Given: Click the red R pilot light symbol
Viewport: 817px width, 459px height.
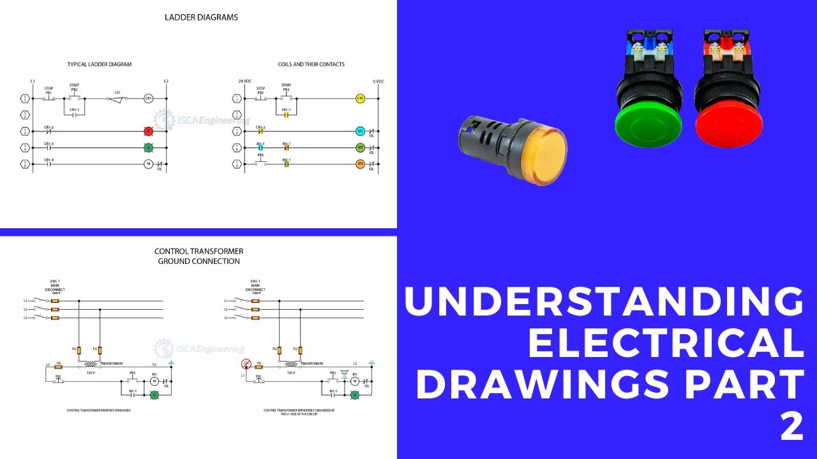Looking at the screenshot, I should (x=148, y=131).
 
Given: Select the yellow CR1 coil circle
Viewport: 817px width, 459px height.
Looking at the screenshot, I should (x=360, y=99).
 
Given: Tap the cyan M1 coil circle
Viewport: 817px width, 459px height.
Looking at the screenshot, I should (x=360, y=131).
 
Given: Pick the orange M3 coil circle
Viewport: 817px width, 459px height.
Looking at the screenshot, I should (x=360, y=164).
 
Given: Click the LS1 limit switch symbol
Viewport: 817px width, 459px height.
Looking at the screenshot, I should (x=117, y=98).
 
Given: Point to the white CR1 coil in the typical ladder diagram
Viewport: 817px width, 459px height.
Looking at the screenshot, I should (x=148, y=99).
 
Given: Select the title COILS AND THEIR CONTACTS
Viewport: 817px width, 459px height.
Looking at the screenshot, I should (x=311, y=64).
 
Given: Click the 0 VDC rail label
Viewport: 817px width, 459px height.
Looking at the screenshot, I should (x=378, y=81).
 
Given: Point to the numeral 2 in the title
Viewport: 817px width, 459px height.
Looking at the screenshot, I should (x=792, y=427).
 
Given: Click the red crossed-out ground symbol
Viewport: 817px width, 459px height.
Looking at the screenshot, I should (x=245, y=365).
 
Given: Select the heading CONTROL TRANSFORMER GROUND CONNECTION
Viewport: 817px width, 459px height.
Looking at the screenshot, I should (x=199, y=256).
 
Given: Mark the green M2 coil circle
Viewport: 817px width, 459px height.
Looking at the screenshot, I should (x=360, y=147).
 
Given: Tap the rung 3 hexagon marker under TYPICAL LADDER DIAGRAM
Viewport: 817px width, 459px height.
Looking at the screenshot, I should (x=24, y=131).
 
